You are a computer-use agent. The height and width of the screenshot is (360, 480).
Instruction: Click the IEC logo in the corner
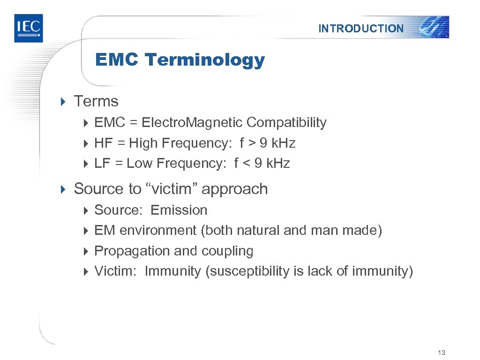28,28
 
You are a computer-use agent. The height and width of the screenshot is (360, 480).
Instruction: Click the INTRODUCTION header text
360,29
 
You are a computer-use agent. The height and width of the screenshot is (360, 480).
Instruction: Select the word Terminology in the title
204,60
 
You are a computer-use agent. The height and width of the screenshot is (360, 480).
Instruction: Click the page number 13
441,352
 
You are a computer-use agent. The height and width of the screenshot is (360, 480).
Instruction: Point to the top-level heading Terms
96,101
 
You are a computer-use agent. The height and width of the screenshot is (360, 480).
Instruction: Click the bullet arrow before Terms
64,101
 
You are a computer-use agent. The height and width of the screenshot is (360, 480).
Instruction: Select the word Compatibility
286,123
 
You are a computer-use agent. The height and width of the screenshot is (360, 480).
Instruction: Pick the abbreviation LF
101,164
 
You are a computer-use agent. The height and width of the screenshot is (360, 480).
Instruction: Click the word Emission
179,210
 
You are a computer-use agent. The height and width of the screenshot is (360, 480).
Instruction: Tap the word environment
158,231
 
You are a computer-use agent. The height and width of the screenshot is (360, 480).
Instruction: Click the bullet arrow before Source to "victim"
64,189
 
